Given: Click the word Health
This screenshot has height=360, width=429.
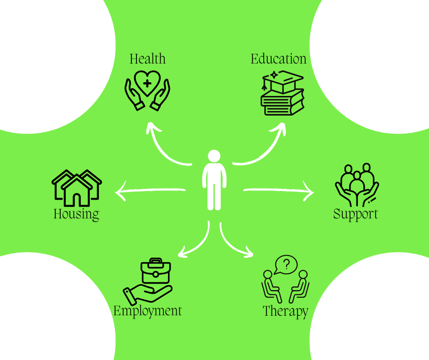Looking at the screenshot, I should [147, 59].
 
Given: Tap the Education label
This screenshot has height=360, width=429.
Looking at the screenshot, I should [278, 59].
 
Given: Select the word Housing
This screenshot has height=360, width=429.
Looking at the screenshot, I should [76, 214].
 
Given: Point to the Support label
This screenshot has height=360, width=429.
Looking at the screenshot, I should [356, 214].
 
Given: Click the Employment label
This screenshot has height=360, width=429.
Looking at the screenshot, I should [147, 311].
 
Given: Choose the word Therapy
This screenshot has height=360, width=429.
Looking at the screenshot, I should [285, 312].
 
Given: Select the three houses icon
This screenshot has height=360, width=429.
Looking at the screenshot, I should [77, 187].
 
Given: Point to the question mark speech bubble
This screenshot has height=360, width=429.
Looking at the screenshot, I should [286, 264].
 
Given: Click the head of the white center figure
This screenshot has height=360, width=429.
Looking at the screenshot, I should [214, 156].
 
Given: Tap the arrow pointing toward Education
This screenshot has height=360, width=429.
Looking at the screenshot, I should [265, 146].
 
